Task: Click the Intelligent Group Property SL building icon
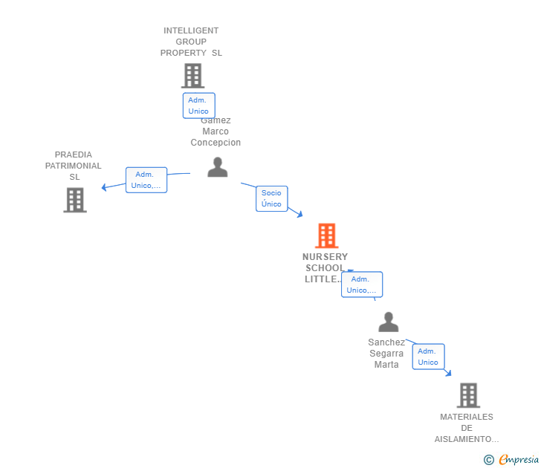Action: [192, 76]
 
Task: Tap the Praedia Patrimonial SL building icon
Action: [74, 200]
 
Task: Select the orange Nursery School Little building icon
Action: [326, 235]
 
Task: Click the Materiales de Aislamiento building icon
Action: [467, 395]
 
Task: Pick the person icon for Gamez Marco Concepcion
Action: [217, 168]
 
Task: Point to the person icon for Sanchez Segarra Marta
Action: [388, 322]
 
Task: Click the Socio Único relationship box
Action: [271, 198]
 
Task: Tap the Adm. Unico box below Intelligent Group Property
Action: [198, 105]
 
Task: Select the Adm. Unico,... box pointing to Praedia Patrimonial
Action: [146, 180]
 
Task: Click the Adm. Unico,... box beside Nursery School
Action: [362, 285]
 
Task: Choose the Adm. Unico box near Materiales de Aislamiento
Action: [428, 357]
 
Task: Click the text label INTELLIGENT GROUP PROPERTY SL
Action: [191, 42]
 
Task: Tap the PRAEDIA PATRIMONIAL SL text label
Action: [74, 166]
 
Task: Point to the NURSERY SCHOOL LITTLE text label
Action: [325, 267]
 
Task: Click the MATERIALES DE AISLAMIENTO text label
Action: [467, 428]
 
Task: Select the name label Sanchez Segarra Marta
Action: [386, 354]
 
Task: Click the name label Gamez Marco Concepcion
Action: [216, 132]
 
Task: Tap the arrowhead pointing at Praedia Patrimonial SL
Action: [105, 187]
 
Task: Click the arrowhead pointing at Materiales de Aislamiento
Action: [448, 373]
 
